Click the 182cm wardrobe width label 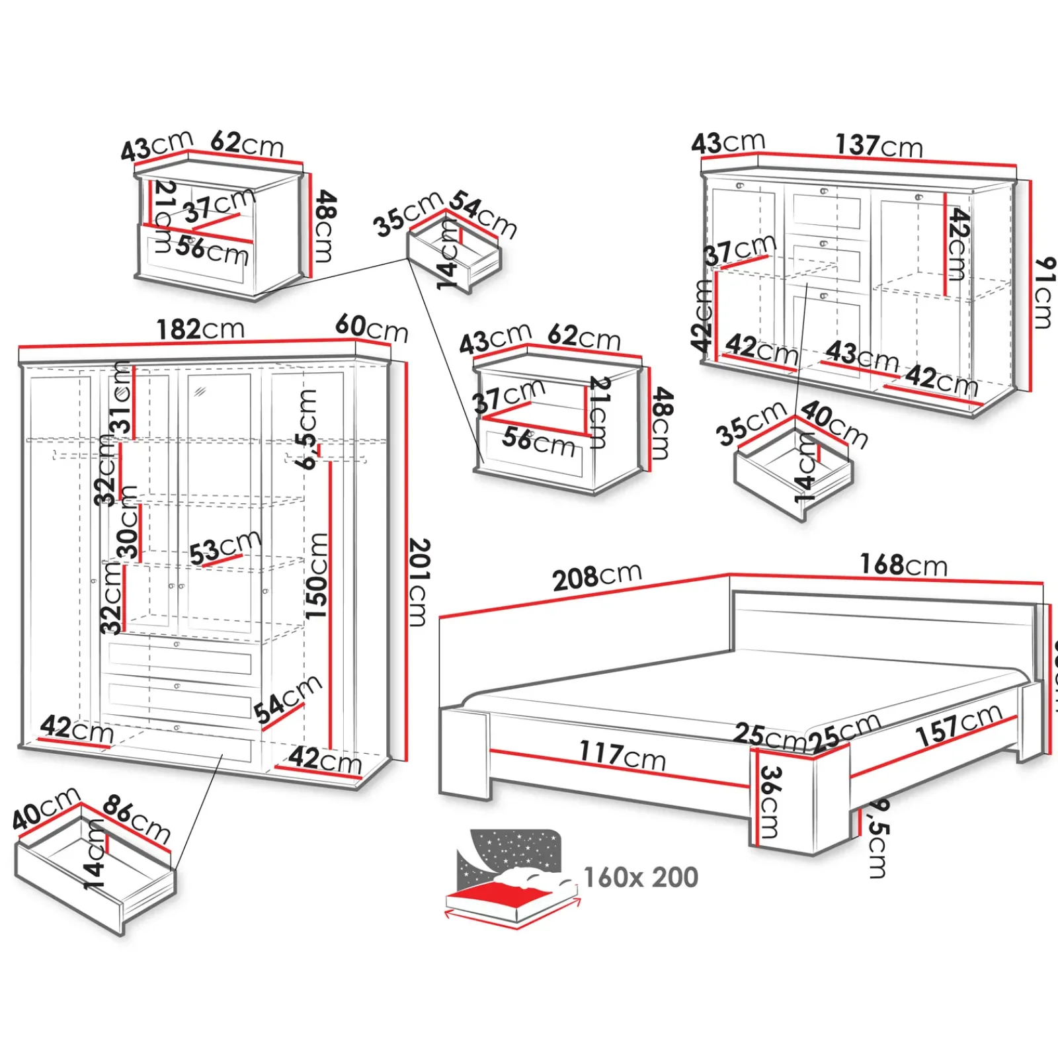pos(200,329)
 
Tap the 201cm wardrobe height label pos(419,582)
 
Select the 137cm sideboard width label pos(879,145)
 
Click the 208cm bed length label pos(596,577)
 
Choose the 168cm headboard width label pos(903,565)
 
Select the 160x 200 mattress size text pos(640,877)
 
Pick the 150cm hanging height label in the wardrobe pos(317,575)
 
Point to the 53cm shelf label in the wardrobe pos(225,548)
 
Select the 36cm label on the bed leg pos(770,801)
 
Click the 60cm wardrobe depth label pos(372,327)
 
